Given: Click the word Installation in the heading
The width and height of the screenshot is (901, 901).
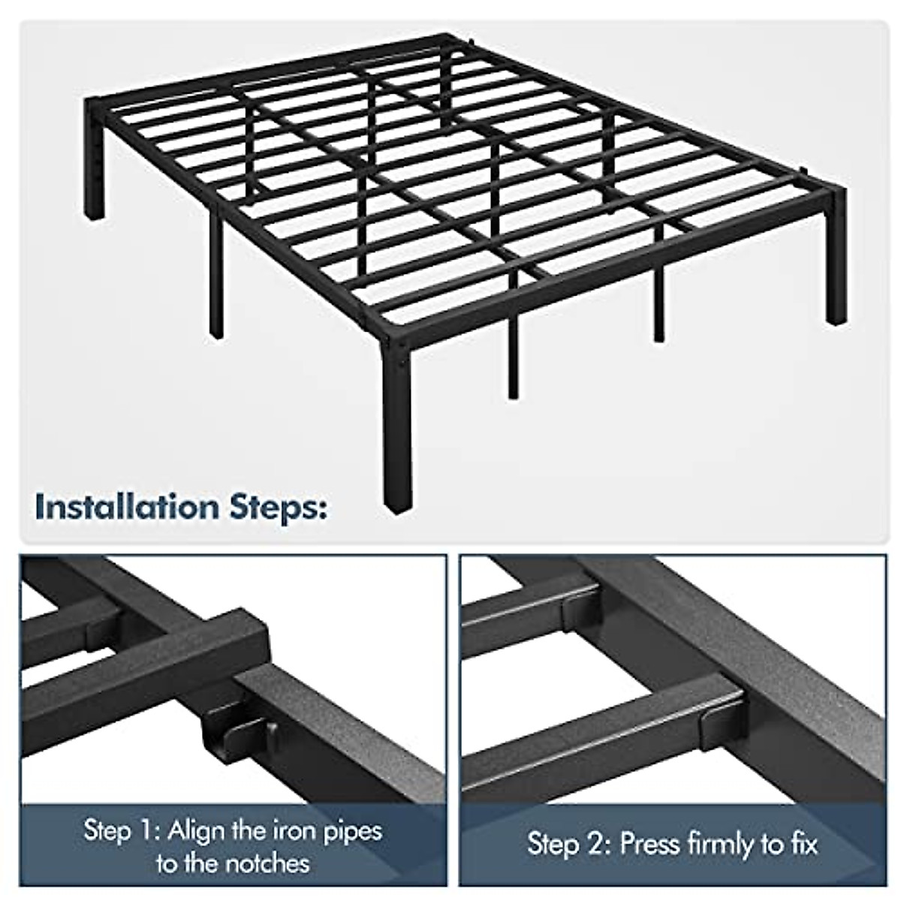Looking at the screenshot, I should [125, 508].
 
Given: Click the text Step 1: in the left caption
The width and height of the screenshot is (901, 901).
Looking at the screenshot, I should [122, 831].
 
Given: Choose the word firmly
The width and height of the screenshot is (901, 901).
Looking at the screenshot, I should [725, 845].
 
